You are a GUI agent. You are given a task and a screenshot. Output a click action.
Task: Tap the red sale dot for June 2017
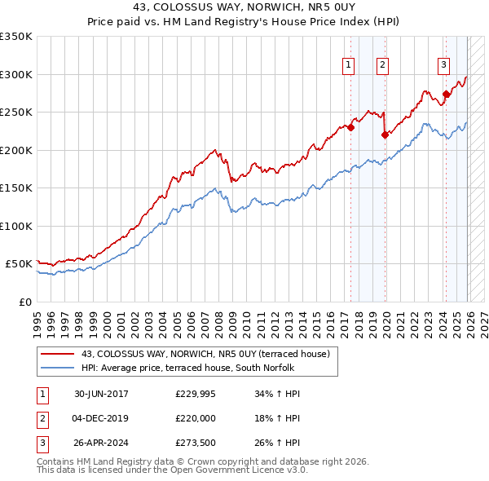click(x=351, y=127)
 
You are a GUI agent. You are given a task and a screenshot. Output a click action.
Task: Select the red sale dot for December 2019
click(x=385, y=135)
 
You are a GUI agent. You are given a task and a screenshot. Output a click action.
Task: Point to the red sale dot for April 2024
click(x=446, y=94)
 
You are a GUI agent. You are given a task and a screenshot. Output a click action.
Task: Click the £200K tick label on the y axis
click(x=16, y=150)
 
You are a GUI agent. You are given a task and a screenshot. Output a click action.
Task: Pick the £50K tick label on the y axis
click(x=19, y=264)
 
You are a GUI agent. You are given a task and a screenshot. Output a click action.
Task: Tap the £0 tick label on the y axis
click(x=24, y=302)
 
